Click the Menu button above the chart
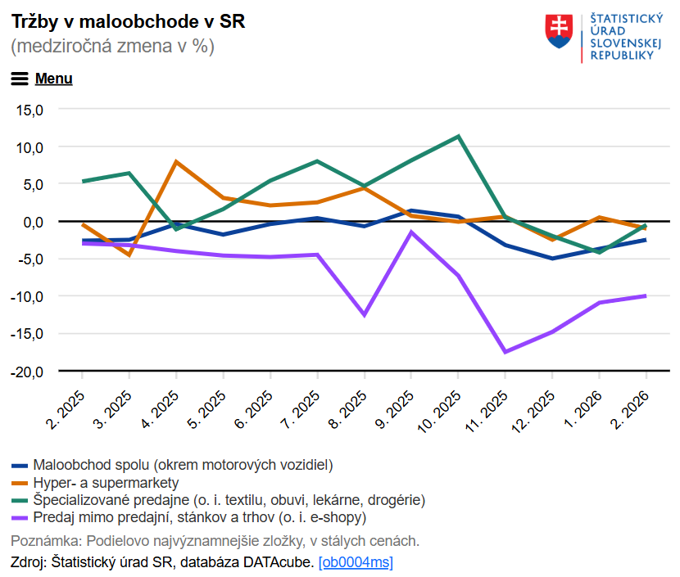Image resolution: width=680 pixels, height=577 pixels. click(42, 79)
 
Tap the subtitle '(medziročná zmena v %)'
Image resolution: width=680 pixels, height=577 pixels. click(112, 47)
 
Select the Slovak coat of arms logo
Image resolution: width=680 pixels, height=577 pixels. click(558, 31)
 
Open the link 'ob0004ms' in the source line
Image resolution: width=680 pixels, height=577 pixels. click(356, 562)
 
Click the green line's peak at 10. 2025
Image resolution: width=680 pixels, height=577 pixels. click(458, 136)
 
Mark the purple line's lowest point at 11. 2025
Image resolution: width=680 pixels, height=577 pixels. click(505, 352)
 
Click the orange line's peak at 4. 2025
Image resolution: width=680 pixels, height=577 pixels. click(176, 162)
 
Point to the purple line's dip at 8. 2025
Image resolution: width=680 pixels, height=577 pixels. click(364, 315)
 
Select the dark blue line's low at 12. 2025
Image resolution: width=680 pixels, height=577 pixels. click(552, 259)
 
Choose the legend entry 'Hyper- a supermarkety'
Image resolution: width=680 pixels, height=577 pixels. click(106, 483)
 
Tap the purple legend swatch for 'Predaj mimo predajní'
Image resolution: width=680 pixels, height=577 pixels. click(20, 518)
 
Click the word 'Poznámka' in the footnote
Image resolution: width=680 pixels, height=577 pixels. click(45, 541)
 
